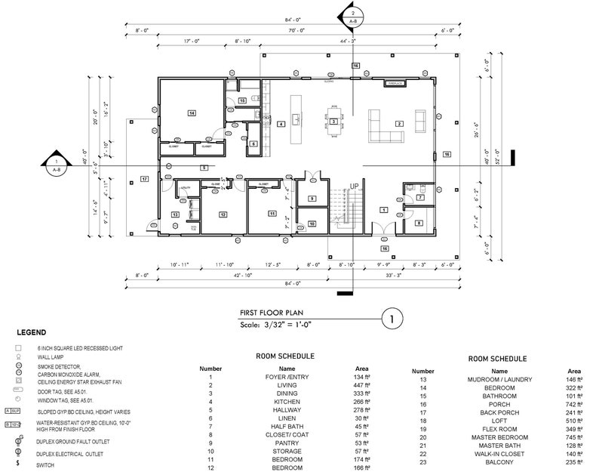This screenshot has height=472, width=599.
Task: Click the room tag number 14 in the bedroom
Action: coord(192,113)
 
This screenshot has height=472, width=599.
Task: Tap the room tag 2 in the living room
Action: coord(399,123)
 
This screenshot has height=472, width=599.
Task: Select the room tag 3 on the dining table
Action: coord(333,121)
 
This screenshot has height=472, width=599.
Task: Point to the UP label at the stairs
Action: coord(354,186)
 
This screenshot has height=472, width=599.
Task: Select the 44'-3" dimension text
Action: coord(349,41)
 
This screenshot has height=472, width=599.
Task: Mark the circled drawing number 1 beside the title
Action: coord(392,318)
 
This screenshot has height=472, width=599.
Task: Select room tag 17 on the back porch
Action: coord(143,178)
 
